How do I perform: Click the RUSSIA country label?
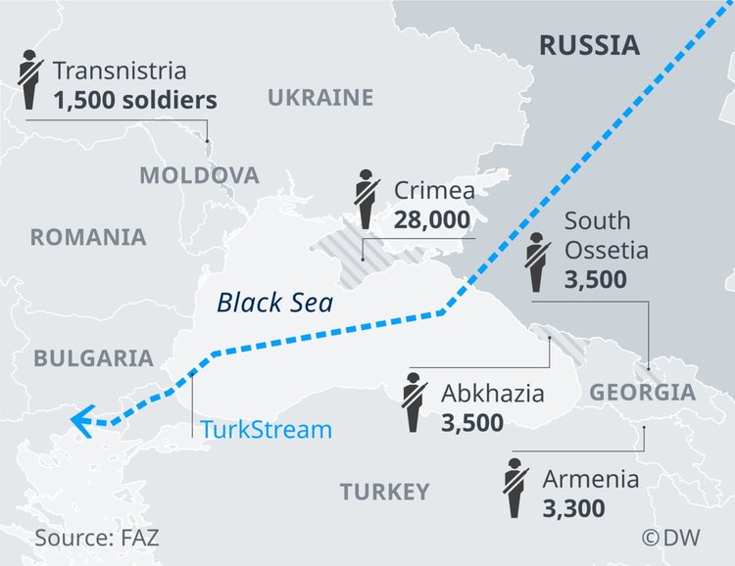(589, 44)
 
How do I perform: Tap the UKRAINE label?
(320, 97)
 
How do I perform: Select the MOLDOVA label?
(199, 175)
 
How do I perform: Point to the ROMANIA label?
(88, 237)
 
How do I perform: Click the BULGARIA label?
(94, 357)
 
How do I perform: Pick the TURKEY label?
(384, 491)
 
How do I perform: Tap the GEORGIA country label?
(642, 394)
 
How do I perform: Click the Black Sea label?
(274, 303)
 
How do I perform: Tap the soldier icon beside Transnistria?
(28, 79)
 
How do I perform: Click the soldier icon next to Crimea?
(368, 200)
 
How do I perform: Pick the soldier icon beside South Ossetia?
(537, 262)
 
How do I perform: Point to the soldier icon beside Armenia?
(515, 489)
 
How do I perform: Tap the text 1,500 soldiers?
(134, 100)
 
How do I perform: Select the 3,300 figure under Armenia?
(572, 508)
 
